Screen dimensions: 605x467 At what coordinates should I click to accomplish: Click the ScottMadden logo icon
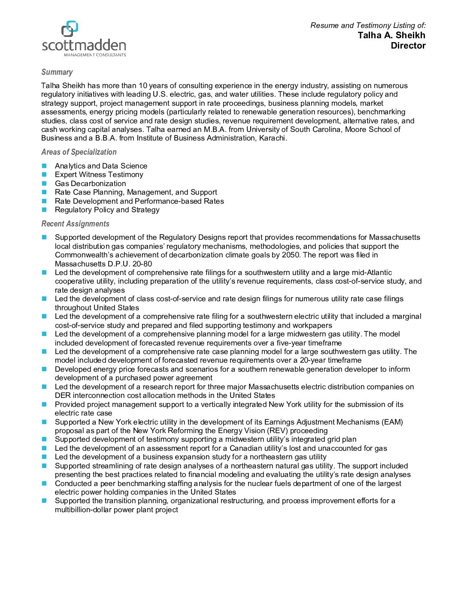70,28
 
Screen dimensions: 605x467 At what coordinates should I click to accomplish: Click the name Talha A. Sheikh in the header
391,35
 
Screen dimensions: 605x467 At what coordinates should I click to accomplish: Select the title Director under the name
408,46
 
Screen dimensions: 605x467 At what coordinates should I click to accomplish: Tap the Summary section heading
57,72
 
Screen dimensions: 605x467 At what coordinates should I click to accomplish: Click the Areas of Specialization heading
79,152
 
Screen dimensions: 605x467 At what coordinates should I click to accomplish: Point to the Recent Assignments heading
75,224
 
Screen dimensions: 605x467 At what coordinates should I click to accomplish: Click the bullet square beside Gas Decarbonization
44,183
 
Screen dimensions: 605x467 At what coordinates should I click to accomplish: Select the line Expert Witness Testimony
99,174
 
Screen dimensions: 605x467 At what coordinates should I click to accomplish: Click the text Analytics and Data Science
101,166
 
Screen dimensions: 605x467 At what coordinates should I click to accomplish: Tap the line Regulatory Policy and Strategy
107,210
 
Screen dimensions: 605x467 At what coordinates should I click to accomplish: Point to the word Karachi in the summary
273,138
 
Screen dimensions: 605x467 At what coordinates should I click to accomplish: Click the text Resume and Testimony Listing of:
368,25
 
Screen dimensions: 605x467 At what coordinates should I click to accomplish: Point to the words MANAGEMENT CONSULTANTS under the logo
95,55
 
